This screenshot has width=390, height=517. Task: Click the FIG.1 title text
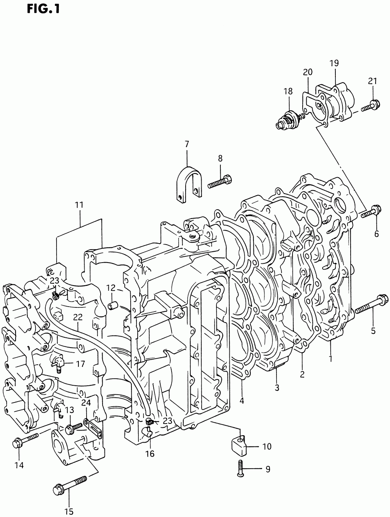43,9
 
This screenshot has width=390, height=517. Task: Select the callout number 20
308,72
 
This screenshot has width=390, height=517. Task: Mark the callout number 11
79,205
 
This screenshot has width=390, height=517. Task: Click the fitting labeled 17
57,364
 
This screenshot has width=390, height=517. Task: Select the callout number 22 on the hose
78,318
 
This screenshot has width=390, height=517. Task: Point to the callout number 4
242,400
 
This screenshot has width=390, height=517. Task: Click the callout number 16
150,453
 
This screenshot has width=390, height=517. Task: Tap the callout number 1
330,358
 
